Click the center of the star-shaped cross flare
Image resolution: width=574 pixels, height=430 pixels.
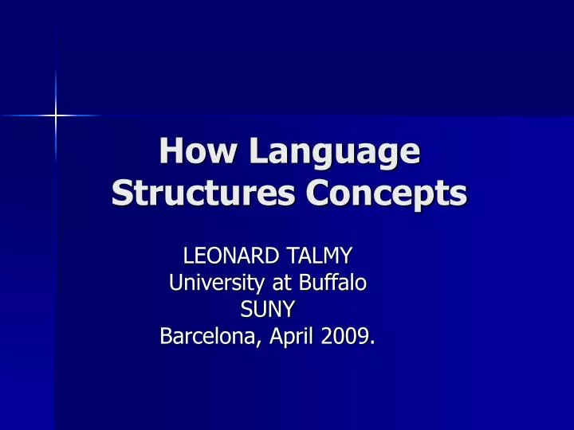coord(55,116)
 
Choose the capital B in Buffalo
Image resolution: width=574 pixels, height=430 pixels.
coord(311,283)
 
